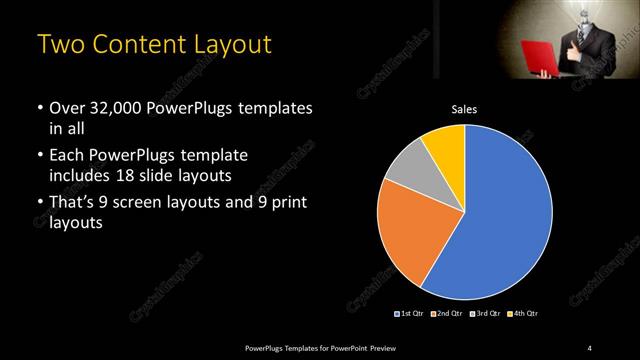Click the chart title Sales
coord(464,111)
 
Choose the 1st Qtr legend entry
coord(410,314)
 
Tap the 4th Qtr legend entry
coord(522,314)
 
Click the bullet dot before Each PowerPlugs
coord(39,155)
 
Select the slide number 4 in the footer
coord(590,347)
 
